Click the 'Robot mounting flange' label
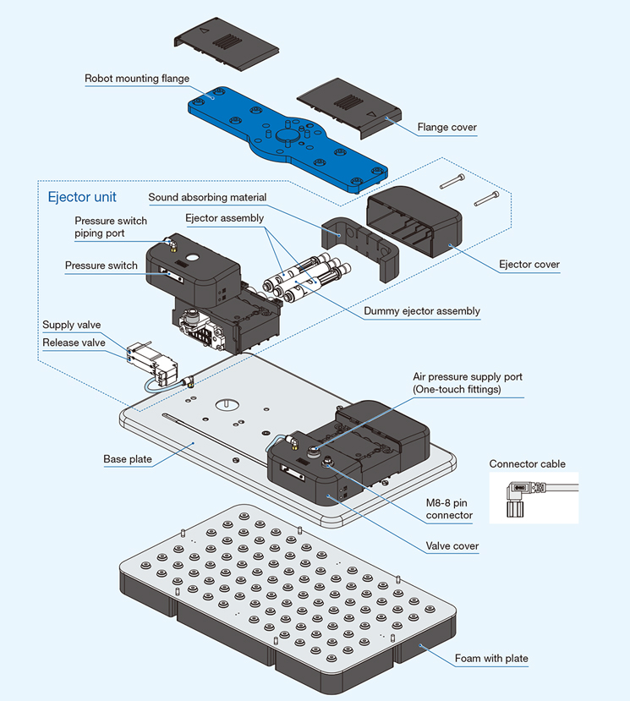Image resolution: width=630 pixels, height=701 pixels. pos(136,79)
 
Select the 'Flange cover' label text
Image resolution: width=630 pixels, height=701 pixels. pos(446,128)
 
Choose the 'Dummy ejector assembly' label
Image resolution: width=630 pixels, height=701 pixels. pos(421,311)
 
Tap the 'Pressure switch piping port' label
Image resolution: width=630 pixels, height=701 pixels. pos(111,227)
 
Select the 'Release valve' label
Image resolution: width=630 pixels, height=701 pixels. pos(74,342)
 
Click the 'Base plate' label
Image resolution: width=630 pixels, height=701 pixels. pos(128,459)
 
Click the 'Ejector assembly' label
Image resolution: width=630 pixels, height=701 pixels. pos(224,218)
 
